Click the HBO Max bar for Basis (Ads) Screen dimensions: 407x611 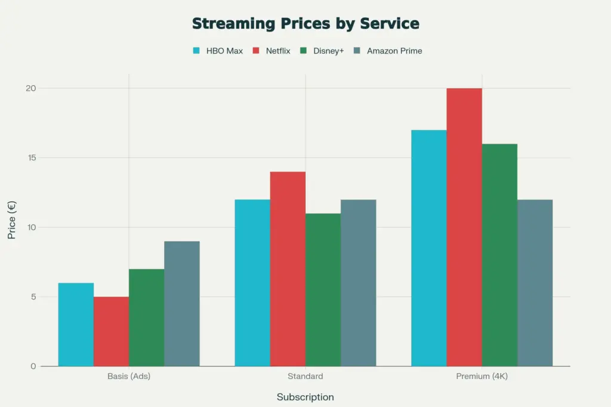coord(76,325)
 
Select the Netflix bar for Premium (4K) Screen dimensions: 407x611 coord(464,227)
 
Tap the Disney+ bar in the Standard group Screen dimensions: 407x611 coord(323,290)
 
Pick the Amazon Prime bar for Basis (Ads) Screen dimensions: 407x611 coord(182,304)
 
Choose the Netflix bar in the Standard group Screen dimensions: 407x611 coord(288,269)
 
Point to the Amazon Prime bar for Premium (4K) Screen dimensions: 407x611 coord(535,283)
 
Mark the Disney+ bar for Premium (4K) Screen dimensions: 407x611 coord(499,255)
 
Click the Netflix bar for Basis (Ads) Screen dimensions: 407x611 coord(111,331)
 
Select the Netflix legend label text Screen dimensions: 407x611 coord(277,51)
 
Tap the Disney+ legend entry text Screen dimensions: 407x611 coord(329,51)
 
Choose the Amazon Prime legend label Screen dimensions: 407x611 coord(394,51)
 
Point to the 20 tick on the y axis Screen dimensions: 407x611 coord(30,88)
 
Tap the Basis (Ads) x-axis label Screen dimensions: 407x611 coord(129,377)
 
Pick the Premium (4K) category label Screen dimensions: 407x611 coord(482,377)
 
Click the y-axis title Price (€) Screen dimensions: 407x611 coord(12,220)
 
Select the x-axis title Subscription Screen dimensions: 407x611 coord(305,397)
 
